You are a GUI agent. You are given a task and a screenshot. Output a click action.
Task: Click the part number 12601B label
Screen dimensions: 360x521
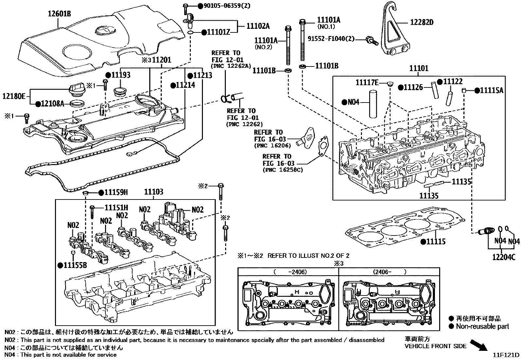[x=60, y=14]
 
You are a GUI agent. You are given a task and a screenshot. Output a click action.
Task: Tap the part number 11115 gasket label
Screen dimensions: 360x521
[x=436, y=242]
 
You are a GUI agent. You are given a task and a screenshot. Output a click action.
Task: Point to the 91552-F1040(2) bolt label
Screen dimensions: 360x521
[x=331, y=39]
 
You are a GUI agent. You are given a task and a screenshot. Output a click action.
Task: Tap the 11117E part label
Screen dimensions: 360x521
[x=367, y=83]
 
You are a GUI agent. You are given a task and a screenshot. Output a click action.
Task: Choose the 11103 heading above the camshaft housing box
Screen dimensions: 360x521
[x=153, y=192]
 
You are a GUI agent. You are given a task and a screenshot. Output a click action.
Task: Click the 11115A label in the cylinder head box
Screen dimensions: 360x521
[x=491, y=90]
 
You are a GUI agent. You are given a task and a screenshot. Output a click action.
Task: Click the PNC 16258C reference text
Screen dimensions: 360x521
[x=282, y=170]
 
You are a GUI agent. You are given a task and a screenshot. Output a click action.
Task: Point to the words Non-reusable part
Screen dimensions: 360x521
[x=482, y=326]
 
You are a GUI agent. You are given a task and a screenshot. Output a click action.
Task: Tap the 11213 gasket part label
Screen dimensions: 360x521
[x=202, y=75]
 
